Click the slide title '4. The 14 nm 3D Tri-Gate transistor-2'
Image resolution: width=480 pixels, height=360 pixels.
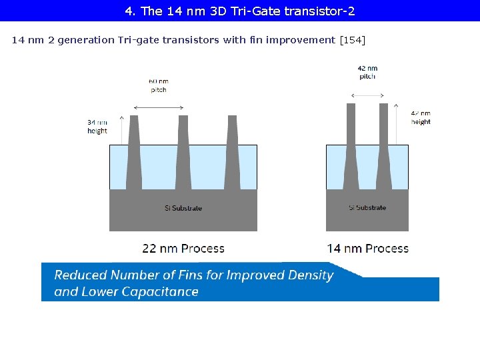(240, 11)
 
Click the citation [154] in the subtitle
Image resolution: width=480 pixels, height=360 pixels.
(352, 40)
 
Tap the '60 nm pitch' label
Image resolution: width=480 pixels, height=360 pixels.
(158, 86)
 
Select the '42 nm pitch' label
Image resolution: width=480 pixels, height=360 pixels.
(367, 72)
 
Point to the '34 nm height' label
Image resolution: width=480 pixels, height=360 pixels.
(97, 127)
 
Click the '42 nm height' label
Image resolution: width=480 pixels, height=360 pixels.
(421, 118)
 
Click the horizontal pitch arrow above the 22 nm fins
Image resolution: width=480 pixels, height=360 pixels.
(159, 106)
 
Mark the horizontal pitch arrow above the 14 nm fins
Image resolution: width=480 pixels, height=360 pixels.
(367, 96)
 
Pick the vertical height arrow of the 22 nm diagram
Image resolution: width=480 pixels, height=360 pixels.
(121, 130)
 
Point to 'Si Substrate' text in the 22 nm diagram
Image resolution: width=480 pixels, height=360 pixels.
(183, 208)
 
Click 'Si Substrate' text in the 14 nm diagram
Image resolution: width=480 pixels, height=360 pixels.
(367, 208)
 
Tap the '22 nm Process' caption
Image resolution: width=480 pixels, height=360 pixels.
(183, 249)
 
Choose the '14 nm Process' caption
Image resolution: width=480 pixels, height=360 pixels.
(367, 249)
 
